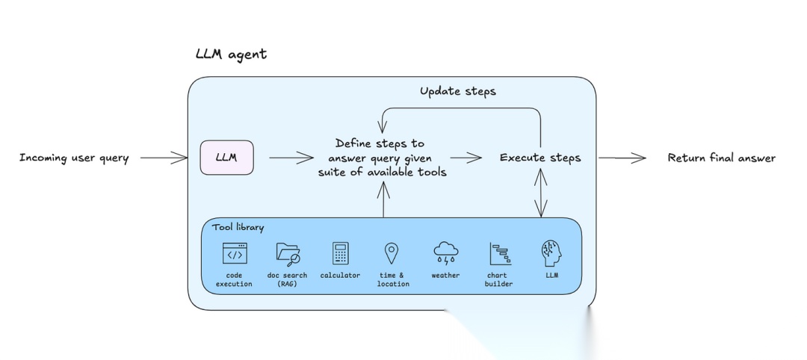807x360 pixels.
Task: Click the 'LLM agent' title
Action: tap(230, 55)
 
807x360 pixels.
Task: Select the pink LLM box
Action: tap(226, 158)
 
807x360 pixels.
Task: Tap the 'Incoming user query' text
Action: tap(74, 158)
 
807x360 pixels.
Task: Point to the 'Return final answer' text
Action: tap(721, 158)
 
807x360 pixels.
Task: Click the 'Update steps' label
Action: tap(457, 91)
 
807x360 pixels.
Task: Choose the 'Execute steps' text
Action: tap(539, 158)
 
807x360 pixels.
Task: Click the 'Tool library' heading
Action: tap(238, 227)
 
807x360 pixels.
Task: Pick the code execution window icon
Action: tap(234, 254)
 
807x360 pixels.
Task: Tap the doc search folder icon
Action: tap(288, 254)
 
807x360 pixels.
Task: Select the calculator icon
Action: tap(340, 254)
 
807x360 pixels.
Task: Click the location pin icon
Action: tap(391, 253)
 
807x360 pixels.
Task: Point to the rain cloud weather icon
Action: tap(445, 254)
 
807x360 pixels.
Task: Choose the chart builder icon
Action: tap(498, 254)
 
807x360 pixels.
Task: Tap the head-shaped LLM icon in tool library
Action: tap(551, 253)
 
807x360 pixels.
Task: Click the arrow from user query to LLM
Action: tap(164, 158)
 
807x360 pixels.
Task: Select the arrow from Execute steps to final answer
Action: tap(622, 158)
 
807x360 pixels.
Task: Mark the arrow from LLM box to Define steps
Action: tap(291, 158)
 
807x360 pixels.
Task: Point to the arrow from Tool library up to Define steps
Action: tap(384, 199)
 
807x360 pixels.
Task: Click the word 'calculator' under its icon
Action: tap(340, 276)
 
